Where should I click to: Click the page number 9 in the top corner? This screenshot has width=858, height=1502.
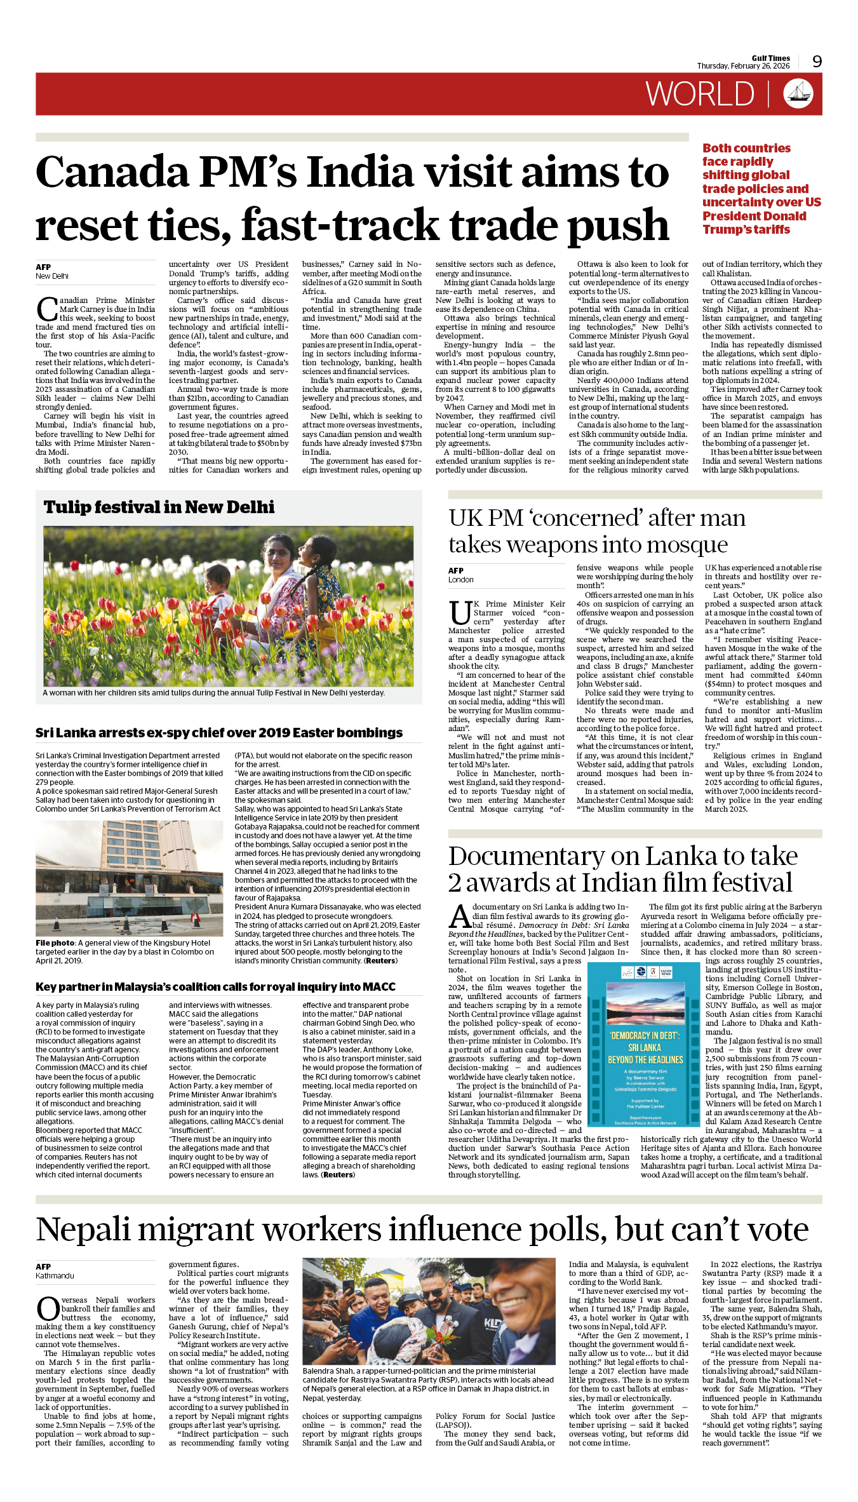click(x=817, y=62)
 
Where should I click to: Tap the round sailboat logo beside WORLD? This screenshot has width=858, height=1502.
click(x=798, y=93)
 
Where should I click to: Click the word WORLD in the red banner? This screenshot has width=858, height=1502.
click(x=700, y=95)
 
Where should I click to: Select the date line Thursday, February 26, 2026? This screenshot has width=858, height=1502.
click(x=743, y=66)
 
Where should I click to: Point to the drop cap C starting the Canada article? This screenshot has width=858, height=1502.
click(x=47, y=309)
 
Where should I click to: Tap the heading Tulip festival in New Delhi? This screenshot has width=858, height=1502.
click(x=159, y=507)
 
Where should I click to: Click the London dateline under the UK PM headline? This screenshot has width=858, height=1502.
click(x=460, y=580)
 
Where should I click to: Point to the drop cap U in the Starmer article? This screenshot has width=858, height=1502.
click(x=460, y=613)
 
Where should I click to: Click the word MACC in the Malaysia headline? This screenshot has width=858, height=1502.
click(x=379, y=987)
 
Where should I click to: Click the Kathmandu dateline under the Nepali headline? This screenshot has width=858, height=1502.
click(x=55, y=1276)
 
